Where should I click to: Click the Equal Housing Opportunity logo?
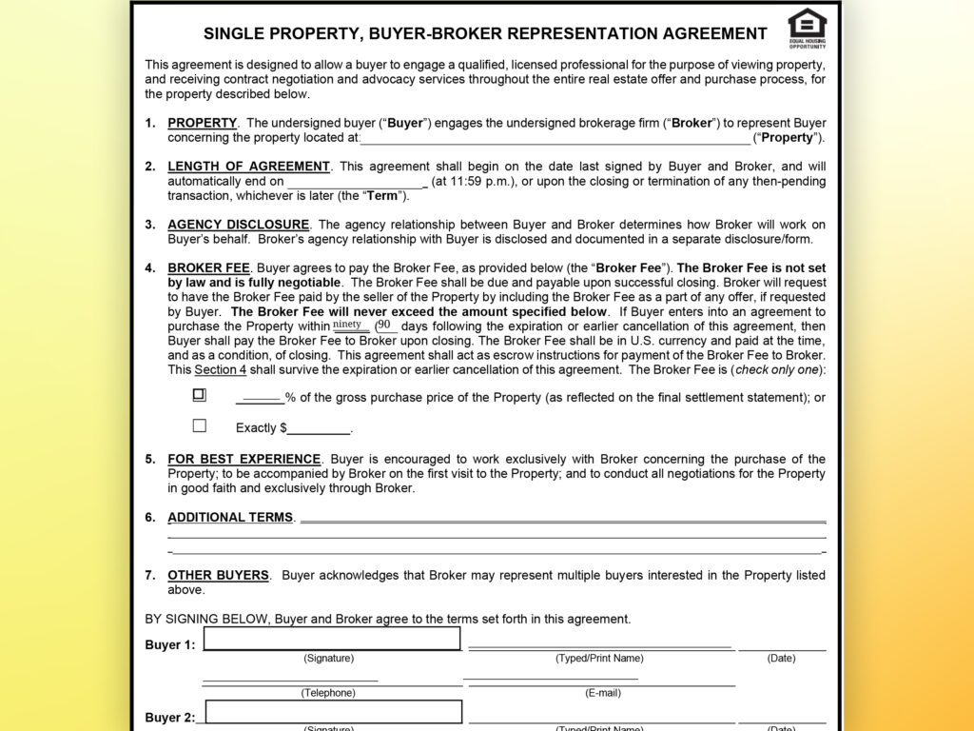(808, 27)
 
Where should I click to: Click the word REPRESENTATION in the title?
(589, 33)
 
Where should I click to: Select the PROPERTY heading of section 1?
(202, 123)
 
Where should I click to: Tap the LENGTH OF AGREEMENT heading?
(248, 167)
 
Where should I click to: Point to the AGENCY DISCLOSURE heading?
(238, 225)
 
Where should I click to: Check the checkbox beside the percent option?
(199, 395)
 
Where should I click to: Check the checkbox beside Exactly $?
(199, 426)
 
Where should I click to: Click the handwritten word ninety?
(347, 325)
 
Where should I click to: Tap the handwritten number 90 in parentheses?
(384, 325)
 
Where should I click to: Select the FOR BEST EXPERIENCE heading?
(243, 459)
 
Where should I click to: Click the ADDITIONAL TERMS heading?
(230, 518)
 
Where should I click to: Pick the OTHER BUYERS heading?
(218, 575)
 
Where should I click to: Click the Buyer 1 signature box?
(332, 639)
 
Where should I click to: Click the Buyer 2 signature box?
(333, 712)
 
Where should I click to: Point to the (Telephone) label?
(328, 693)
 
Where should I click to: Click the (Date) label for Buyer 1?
(782, 658)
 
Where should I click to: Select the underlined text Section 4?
(219, 369)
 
